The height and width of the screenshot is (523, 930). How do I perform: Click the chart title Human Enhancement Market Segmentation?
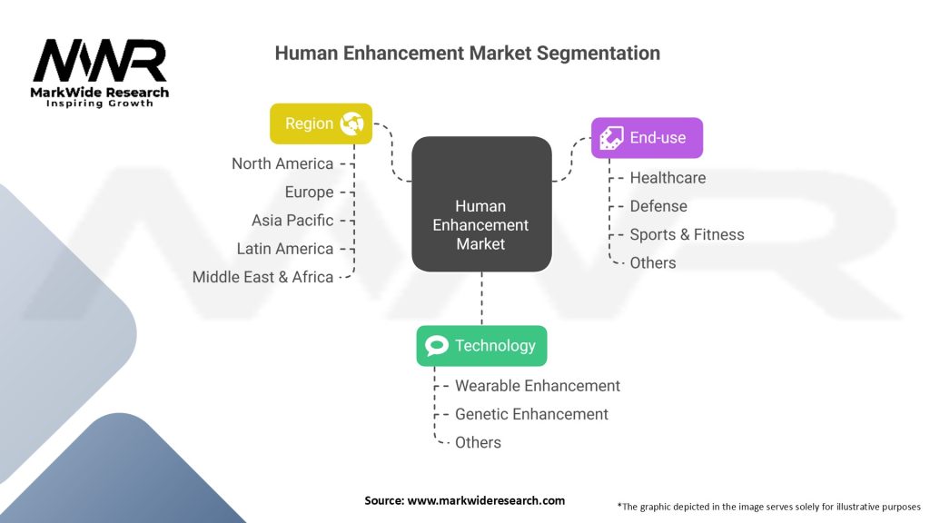click(467, 54)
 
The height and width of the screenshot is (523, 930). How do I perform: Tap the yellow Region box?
click(321, 123)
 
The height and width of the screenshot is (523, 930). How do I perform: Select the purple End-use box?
click(647, 138)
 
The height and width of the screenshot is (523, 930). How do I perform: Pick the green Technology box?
click(481, 345)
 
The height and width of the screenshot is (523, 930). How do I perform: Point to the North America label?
click(282, 163)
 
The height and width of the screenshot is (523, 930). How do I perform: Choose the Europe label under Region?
click(309, 192)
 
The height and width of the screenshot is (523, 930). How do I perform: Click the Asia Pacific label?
click(292, 221)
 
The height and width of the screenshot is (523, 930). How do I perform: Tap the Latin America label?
click(285, 249)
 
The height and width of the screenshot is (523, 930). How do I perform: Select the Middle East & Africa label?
click(262, 277)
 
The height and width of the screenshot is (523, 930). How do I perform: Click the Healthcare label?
click(668, 178)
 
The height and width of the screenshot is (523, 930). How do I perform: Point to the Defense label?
click(658, 206)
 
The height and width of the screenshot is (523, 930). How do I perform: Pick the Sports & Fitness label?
click(687, 234)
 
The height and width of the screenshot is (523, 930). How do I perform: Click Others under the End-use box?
click(653, 262)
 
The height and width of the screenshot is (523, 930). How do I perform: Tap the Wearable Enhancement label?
click(538, 386)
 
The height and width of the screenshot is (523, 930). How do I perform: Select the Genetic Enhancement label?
click(531, 414)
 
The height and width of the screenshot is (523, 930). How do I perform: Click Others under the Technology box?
click(478, 442)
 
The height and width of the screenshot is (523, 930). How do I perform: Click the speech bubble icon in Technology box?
click(437, 346)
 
